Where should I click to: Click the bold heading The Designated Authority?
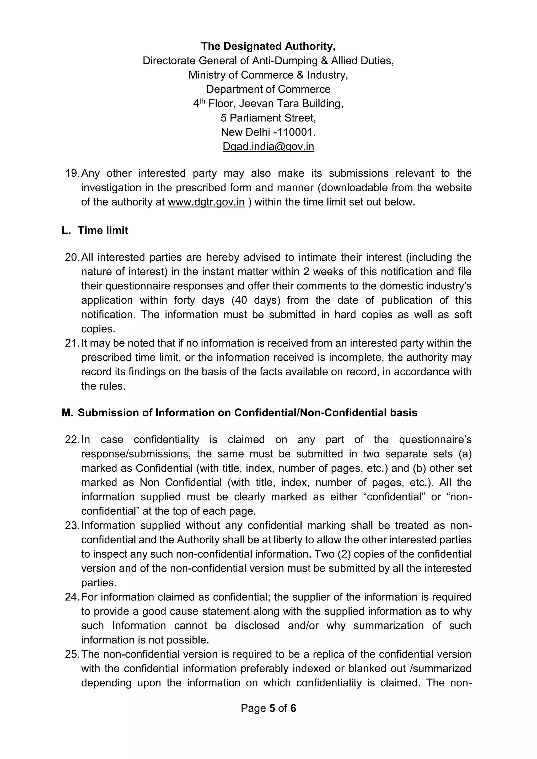coord(268,46)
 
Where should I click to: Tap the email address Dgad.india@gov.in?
coord(268,147)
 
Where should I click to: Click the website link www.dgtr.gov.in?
coord(206,202)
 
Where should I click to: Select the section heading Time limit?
coord(103,230)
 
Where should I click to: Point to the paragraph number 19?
coord(72,173)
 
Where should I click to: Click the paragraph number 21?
coord(72,343)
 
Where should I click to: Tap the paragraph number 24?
coord(72,597)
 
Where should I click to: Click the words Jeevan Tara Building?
coord(291,104)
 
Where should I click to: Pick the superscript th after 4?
coord(202,101)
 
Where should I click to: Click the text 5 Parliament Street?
coord(268,118)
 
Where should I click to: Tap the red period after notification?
coord(135,316)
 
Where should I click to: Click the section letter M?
coord(67,413)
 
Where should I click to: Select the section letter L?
coord(66,230)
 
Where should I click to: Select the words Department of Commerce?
coord(268,89)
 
